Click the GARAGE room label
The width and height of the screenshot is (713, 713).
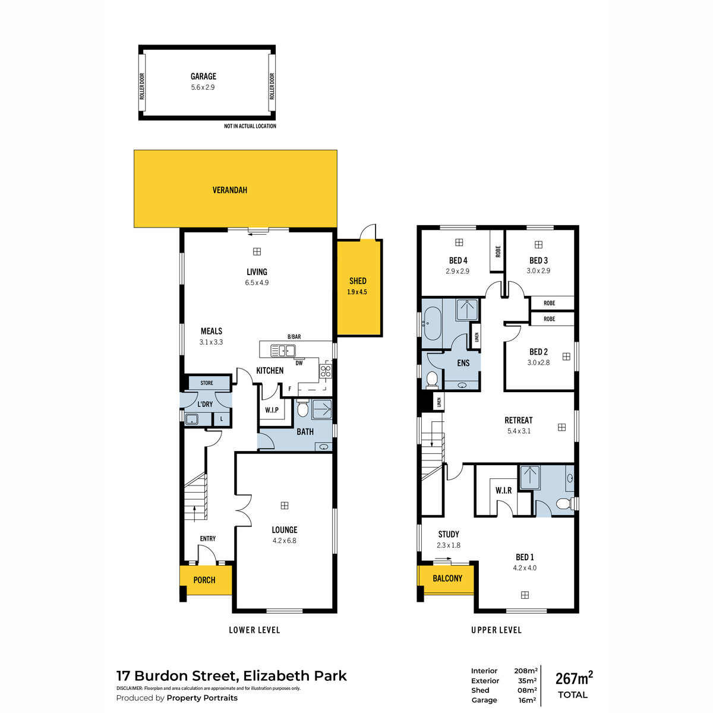coord(203,76)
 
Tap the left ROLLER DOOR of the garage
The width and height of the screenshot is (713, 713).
coord(142,86)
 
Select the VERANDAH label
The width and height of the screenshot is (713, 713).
coord(229,190)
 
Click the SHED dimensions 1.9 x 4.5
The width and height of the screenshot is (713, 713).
coord(357,292)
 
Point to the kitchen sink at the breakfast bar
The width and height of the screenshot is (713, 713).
coord(283,350)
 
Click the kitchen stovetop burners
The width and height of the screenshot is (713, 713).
coord(326,371)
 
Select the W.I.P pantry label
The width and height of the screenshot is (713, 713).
coord(272,410)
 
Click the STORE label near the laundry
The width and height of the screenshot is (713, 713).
coord(206,383)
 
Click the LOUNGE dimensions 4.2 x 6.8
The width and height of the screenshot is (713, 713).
coord(284,541)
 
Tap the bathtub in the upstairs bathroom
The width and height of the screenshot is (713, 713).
coord(431,323)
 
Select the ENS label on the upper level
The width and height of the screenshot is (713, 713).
coord(463,363)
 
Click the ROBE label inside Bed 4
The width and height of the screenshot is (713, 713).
coord(498,251)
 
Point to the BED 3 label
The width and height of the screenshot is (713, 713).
coord(538,260)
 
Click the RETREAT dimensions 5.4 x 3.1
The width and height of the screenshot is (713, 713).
coord(519,431)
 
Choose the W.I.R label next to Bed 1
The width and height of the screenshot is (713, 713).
coord(504,491)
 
